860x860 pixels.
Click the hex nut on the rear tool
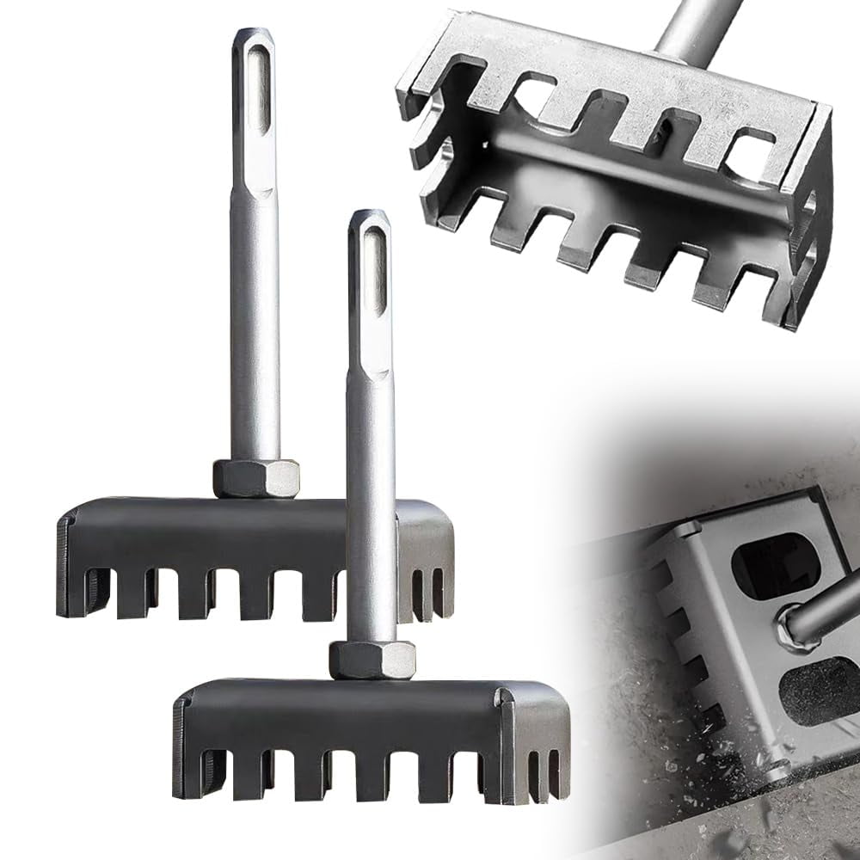coord(255,478)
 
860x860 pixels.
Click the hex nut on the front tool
coord(372,660)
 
